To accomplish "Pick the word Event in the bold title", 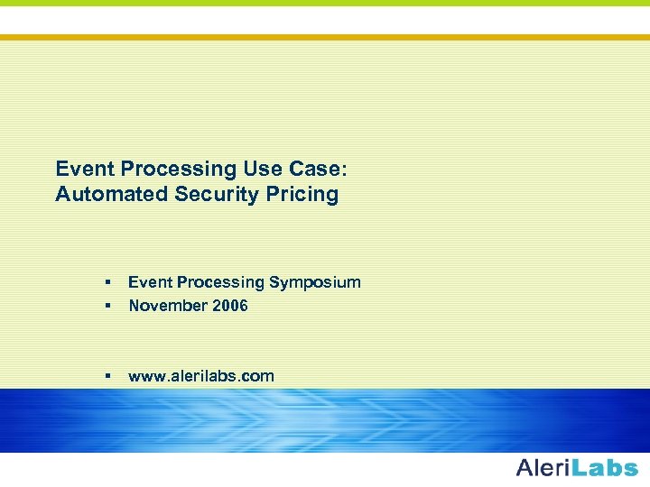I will click(84, 169).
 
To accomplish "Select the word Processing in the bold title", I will click(178, 170).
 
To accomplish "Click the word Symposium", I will click(313, 283).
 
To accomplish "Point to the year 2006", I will click(230, 306).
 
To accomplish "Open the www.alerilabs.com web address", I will click(201, 376).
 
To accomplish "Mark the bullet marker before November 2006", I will click(107, 306).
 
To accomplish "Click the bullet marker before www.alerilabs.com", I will click(107, 376).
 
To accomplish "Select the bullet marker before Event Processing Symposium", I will click(107, 282).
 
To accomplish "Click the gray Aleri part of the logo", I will click(543, 467).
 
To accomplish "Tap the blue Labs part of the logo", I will click(606, 467).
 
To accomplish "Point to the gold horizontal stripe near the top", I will click(325, 37).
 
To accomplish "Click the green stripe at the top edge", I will click(325, 3).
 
